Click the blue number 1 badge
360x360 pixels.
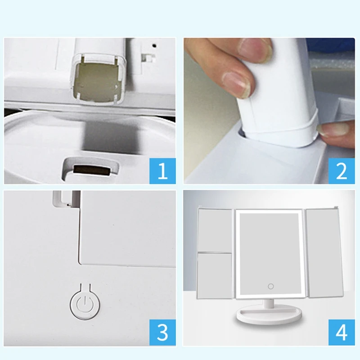[x=162, y=171]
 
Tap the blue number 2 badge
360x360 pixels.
[x=342, y=171]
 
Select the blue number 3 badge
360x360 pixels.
[x=162, y=332]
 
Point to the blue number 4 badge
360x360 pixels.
[x=342, y=332]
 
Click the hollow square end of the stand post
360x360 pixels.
[x=99, y=80]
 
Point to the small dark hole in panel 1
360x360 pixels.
[x=155, y=45]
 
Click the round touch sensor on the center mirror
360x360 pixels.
[x=271, y=286]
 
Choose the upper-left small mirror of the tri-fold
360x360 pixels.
[x=215, y=230]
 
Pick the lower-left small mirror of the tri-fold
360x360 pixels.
[x=215, y=276]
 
